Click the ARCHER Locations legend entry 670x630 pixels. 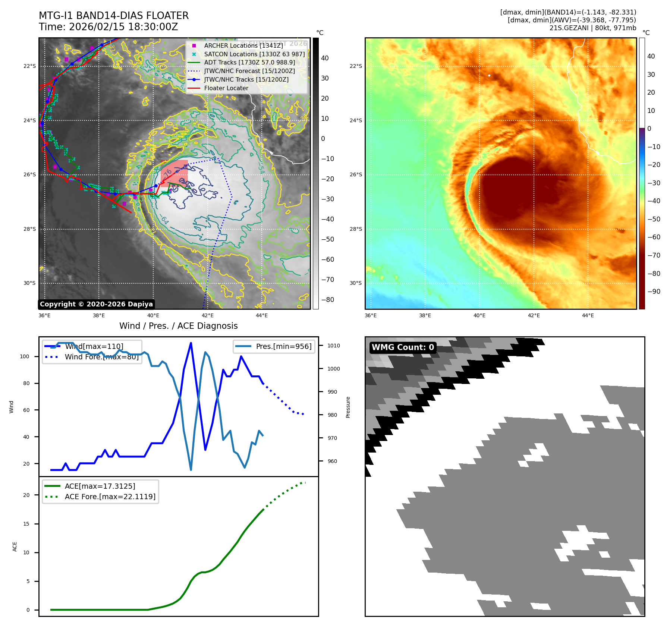pos(243,45)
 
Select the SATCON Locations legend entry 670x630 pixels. pos(254,54)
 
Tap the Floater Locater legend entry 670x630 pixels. pos(226,88)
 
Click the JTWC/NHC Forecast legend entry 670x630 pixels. pos(249,71)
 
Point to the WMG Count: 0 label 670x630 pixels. pos(403,347)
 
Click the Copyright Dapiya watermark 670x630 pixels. pos(96,304)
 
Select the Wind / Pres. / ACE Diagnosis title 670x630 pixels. pos(178,326)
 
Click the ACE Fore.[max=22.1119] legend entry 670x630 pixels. pos(110,497)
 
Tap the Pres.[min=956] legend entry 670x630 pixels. pos(283,346)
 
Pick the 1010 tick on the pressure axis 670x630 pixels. pos(334,346)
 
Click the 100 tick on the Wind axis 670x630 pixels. pos(25,356)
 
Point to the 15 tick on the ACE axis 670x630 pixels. pos(26,524)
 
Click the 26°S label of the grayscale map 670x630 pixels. pos(30,174)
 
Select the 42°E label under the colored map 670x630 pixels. pos(534,315)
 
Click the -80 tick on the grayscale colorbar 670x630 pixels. pos(328,300)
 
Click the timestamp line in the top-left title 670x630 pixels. pos(108,27)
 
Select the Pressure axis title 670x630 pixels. pos(348,407)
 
